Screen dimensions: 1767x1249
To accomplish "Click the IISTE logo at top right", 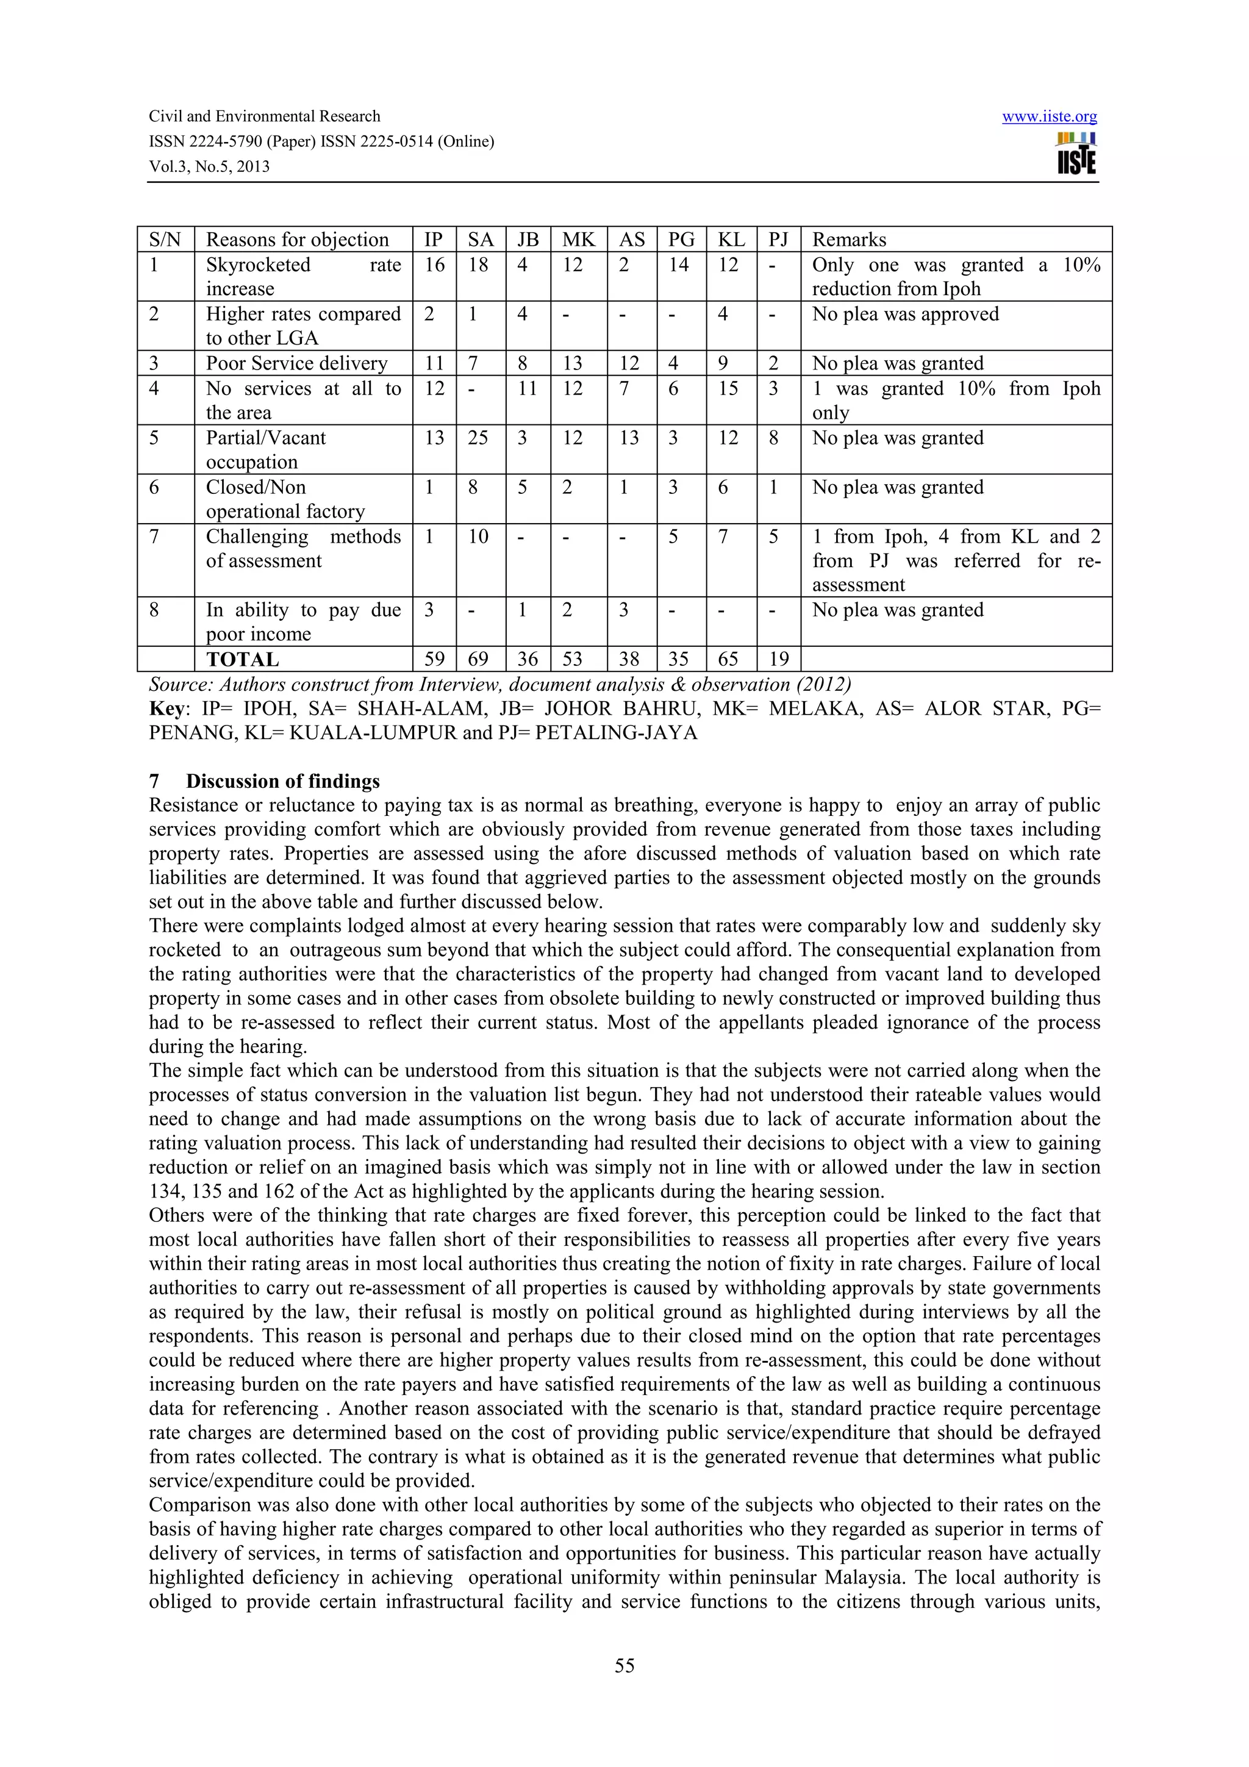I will click(1076, 153).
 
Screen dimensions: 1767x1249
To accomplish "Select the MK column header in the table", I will click(578, 240).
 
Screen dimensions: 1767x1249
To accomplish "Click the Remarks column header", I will click(849, 240).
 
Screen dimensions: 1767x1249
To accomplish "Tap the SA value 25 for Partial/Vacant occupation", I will click(478, 438).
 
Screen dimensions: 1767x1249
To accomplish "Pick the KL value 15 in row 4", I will click(728, 388).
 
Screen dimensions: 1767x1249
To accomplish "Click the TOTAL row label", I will click(242, 660).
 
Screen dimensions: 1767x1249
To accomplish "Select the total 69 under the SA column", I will click(478, 660).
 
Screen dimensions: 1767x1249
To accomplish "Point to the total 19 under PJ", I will click(778, 660).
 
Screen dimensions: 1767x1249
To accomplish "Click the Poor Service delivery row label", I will click(296, 363).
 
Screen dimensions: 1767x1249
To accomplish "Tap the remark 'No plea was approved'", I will click(905, 314).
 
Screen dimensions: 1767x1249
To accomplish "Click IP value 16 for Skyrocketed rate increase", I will click(434, 265).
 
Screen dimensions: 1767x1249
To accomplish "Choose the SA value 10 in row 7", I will click(478, 537).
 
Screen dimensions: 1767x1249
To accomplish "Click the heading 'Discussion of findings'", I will click(282, 781).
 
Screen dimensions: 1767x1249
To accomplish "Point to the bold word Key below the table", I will click(167, 708).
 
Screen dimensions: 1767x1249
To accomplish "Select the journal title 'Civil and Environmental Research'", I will click(264, 116).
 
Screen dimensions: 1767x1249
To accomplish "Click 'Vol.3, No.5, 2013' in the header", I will click(209, 166).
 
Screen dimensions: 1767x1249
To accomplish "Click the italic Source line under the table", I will click(499, 684).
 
